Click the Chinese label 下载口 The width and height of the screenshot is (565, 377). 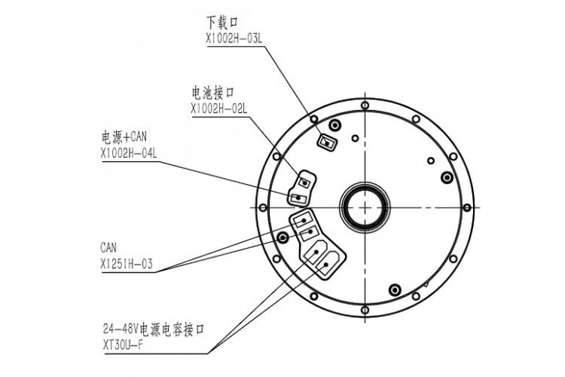(220, 23)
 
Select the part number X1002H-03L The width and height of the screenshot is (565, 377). (234, 37)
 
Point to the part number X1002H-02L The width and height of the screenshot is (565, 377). (219, 109)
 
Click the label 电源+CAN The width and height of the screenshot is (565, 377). (123, 138)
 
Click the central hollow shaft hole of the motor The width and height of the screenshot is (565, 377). (365, 206)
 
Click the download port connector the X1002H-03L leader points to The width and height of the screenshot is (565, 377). (326, 140)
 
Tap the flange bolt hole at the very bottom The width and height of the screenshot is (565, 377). (365, 309)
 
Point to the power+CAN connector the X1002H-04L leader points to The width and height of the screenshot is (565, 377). (299, 198)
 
